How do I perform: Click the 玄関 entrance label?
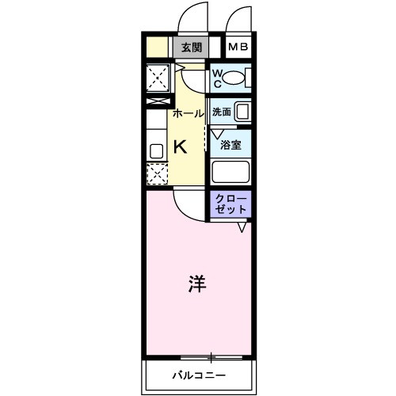pyautogui.click(x=190, y=47)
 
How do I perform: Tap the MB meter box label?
pyautogui.click(x=238, y=47)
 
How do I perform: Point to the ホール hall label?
pyautogui.click(x=189, y=114)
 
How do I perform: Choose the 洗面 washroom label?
pyautogui.click(x=223, y=112)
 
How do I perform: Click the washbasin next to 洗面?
pyautogui.click(x=244, y=111)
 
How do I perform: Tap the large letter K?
pyautogui.click(x=180, y=147)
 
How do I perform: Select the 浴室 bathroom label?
pyautogui.click(x=231, y=145)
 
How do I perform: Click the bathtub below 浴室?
pyautogui.click(x=230, y=172)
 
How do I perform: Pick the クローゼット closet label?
pyautogui.click(x=230, y=204)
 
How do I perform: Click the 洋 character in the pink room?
pyautogui.click(x=197, y=284)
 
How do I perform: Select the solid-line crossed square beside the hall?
pyautogui.click(x=158, y=78)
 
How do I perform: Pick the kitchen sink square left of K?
pyautogui.click(x=156, y=149)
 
